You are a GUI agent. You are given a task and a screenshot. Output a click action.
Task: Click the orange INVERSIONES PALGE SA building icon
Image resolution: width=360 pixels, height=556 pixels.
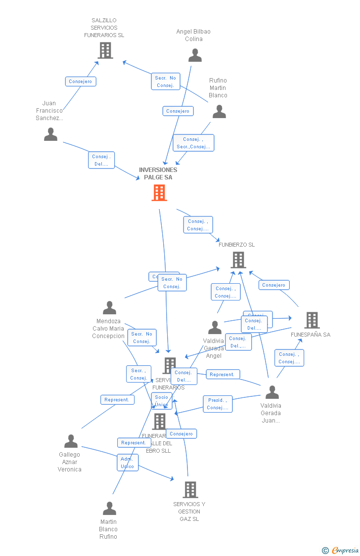coord(159,193)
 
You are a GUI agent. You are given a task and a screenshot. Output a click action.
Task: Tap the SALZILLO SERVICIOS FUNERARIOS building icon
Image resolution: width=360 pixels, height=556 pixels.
coord(105,50)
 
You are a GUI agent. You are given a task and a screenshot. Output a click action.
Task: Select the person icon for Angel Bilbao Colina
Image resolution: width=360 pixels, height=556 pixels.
coord(195,55)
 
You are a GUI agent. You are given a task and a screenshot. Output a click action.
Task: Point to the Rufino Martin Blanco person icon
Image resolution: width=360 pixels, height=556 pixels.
coord(219,112)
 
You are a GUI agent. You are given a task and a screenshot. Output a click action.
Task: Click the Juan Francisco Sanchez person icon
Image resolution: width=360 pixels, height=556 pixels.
coord(50,134)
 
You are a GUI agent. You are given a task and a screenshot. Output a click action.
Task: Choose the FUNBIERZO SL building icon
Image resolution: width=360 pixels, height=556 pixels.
coord(238,260)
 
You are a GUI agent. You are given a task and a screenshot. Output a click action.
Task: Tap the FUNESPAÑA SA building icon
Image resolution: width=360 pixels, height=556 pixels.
coord(312,320)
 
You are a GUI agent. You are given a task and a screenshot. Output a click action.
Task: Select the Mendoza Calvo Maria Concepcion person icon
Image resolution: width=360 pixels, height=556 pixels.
coord(109,308)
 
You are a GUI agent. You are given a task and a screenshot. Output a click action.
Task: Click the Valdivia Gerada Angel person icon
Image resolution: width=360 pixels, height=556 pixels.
coord(215,328)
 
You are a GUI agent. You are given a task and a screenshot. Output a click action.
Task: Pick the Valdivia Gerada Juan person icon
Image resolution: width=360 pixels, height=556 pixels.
coord(272,392)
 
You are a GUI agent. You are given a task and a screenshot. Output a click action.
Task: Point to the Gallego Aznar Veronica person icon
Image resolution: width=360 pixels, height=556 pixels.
coord(71,441)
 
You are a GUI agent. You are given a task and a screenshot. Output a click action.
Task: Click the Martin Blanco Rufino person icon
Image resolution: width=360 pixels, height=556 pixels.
coord(109,509)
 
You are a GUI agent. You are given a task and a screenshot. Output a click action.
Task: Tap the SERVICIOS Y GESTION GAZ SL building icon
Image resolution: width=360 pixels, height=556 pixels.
coord(190,490)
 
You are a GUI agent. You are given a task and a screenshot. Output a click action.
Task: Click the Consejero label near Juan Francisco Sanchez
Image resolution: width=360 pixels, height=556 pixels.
coord(81,82)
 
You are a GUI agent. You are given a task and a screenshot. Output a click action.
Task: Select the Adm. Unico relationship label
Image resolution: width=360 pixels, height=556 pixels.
coord(128,463)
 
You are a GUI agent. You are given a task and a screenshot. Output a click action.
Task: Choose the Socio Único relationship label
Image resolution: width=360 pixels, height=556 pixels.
coord(161,401)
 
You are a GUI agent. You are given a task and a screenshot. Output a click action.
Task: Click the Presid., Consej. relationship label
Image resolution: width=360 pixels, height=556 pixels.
coord(217,404)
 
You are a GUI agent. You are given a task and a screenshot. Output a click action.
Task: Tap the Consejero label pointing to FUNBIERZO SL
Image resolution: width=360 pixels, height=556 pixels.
coord(274,285)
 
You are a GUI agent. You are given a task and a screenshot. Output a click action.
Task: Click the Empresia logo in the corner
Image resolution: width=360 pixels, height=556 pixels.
coord(341,550)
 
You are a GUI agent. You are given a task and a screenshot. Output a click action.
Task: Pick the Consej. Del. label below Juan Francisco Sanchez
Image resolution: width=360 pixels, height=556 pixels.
coord(101,160)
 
